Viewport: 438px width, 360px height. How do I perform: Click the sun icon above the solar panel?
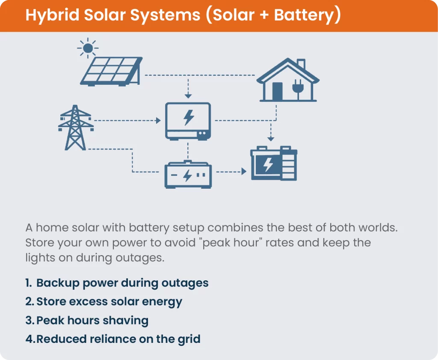coord(88,48)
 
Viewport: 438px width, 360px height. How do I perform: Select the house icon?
coord(288,81)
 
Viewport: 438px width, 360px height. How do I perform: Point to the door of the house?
coord(277,91)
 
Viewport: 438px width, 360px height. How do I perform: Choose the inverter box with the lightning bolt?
coord(188,121)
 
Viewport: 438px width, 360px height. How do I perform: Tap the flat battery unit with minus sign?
coord(188,175)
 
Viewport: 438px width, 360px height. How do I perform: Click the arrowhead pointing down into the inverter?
coord(188,95)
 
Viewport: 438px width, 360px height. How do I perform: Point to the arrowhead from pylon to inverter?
coord(158,121)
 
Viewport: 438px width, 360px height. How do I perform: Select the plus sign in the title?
coord(262,15)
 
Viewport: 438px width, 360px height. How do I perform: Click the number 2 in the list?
coord(29,302)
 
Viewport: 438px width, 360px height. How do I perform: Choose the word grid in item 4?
coord(189,339)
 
